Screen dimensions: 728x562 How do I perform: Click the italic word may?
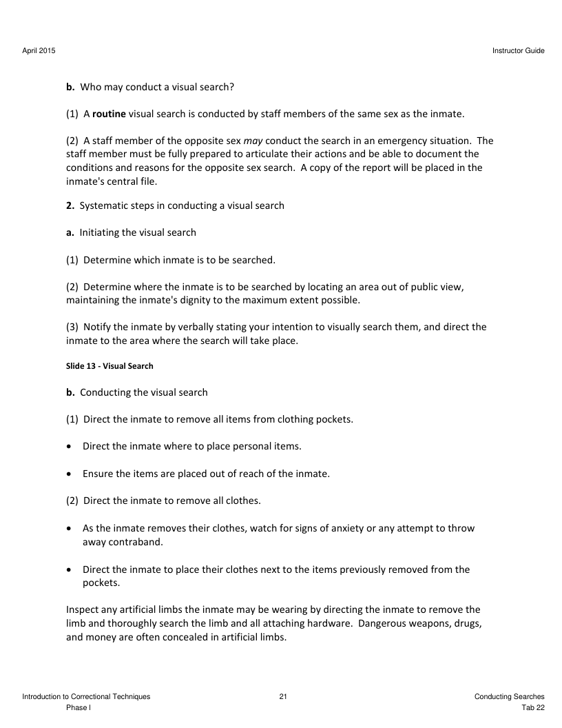point(244,141)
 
